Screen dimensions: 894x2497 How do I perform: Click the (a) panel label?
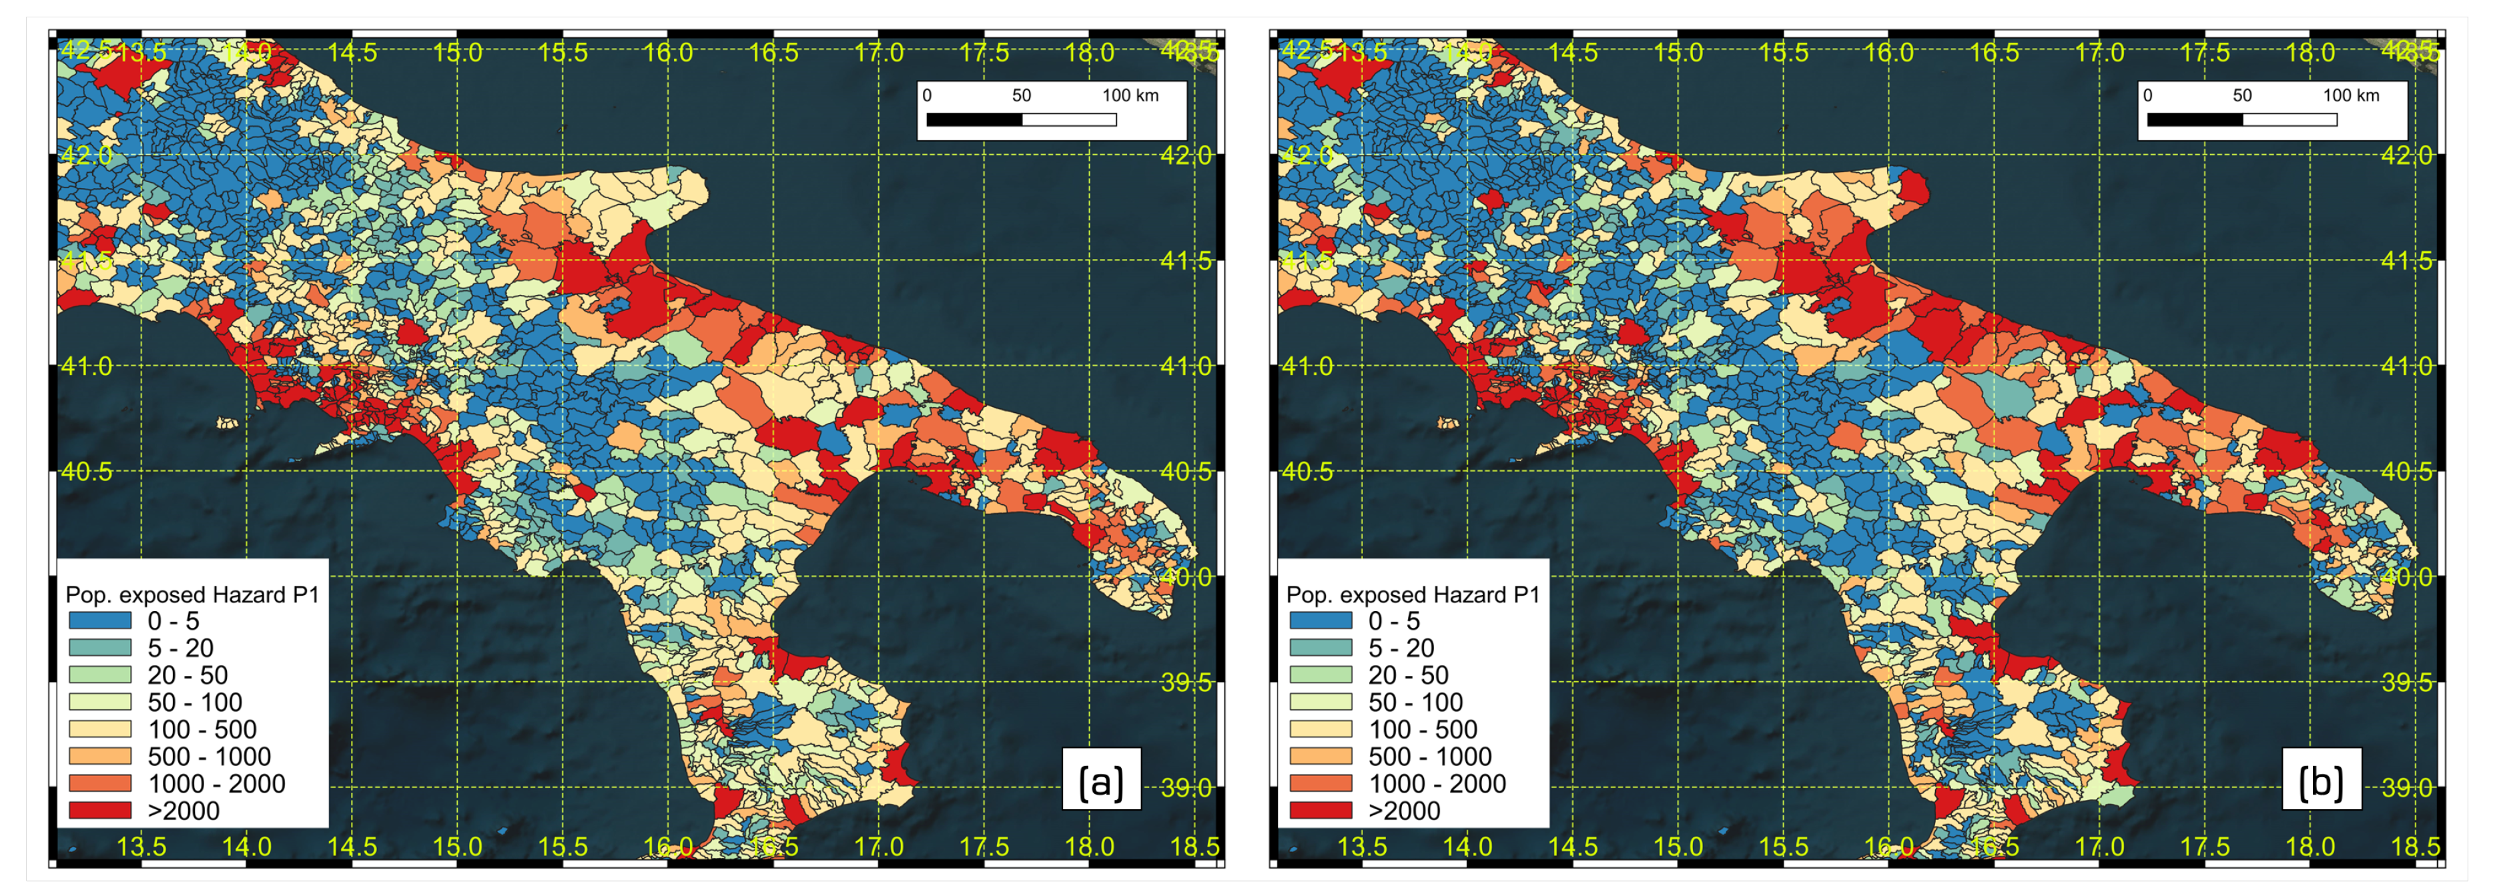coord(1100,781)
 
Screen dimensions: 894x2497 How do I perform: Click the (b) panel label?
coord(2321,781)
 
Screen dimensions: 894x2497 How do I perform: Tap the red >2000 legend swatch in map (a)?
coord(100,810)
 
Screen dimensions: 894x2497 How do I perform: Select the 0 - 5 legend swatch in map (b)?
coord(1320,620)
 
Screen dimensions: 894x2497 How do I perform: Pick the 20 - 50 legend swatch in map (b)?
coord(1320,675)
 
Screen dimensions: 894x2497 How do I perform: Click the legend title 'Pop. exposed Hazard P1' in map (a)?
coord(192,594)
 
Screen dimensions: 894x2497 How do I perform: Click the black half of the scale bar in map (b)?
coord(2195,119)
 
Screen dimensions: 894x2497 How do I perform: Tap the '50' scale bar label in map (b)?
coord(2242,95)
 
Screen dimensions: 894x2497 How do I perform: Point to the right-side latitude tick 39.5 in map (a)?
coord(1186,683)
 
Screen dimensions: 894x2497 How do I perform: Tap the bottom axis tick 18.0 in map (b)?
coord(2310,847)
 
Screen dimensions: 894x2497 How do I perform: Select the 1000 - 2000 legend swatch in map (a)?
coord(100,783)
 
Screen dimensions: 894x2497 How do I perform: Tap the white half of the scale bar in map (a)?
coord(1069,119)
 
